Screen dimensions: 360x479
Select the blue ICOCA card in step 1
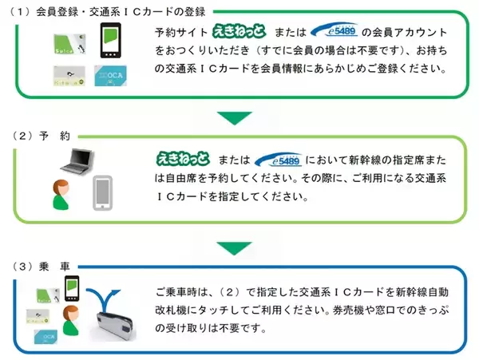click(109, 76)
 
